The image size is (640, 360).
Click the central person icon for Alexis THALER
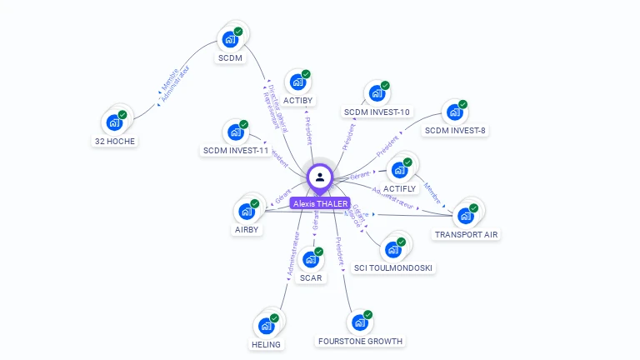(320, 177)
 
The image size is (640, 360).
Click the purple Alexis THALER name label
(319, 202)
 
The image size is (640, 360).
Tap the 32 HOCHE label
(115, 141)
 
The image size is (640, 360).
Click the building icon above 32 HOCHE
(114, 122)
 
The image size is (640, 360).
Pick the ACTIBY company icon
(297, 82)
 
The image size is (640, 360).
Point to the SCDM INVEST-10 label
(377, 112)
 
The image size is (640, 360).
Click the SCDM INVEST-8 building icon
(454, 112)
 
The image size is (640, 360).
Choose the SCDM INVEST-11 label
(236, 150)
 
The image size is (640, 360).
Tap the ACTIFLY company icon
(399, 170)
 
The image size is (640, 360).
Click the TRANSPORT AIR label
(466, 234)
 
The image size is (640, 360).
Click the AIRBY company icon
(247, 211)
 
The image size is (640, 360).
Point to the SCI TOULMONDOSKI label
(393, 267)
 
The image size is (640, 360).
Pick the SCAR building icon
(311, 259)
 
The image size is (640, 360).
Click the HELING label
(266, 344)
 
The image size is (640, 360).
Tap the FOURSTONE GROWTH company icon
(360, 322)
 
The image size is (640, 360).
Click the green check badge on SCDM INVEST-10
(386, 84)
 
